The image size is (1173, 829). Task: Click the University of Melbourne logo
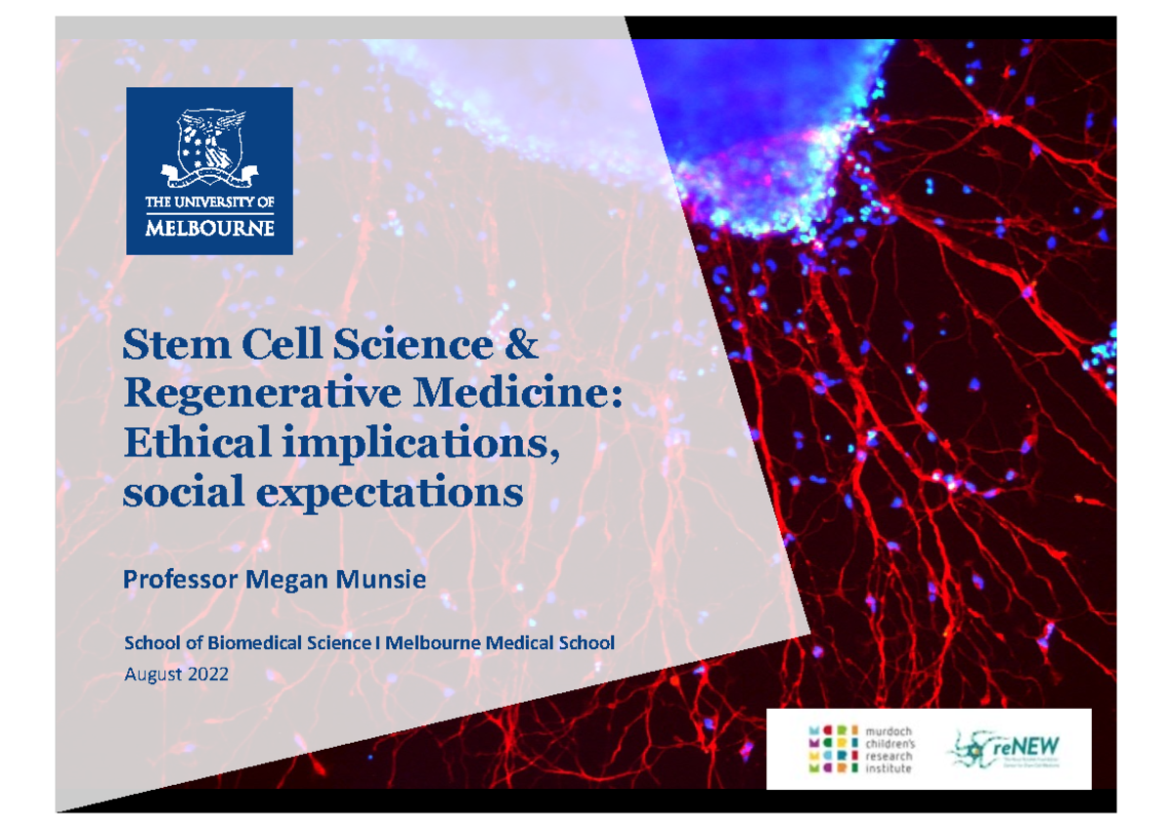pos(210,170)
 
